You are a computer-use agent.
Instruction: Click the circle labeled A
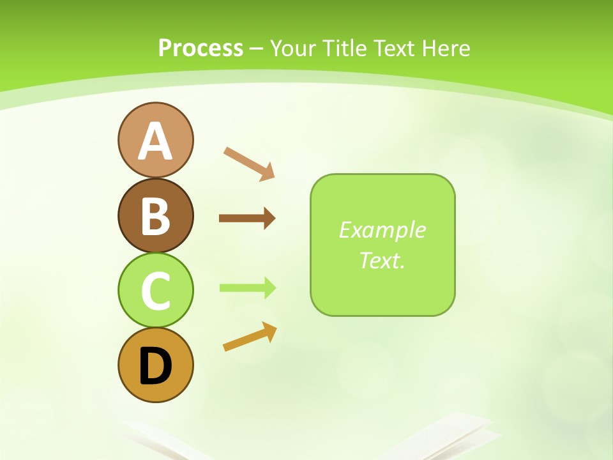point(155,140)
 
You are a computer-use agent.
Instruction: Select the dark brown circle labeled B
point(155,215)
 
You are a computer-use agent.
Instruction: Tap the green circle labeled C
point(155,290)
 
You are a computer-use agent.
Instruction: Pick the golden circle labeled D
point(155,365)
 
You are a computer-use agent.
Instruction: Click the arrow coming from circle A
point(249,163)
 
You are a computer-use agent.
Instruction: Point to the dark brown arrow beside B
point(246,218)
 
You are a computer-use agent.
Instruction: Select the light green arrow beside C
point(247,288)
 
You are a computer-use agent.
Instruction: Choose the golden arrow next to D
point(250,337)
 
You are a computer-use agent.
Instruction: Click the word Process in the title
point(201,49)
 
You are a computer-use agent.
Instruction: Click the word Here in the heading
point(446,49)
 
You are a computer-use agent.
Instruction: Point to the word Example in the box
point(382,230)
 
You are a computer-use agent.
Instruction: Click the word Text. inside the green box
point(382,261)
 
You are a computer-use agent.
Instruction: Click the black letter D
point(155,366)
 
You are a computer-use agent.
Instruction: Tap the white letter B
point(155,216)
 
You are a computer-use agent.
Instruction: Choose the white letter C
point(155,291)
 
